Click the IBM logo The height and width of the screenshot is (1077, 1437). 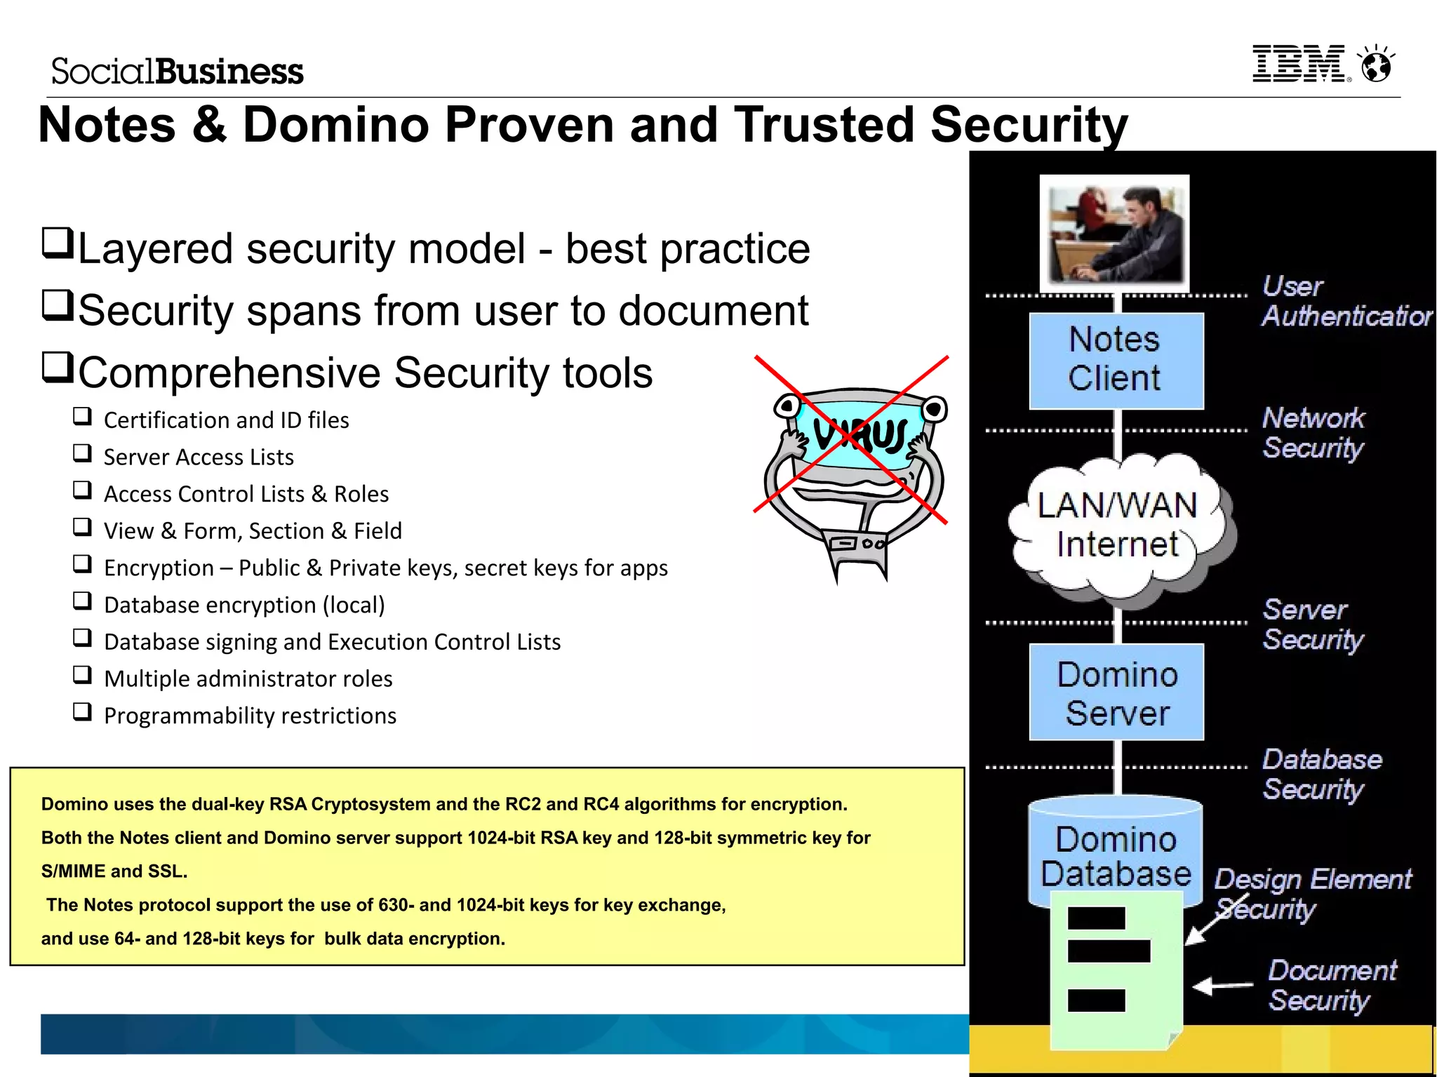pos(1300,64)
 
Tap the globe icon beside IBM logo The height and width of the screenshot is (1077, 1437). pos(1376,65)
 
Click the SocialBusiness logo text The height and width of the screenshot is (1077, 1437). pos(177,72)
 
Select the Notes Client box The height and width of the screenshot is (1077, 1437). pos(1116,360)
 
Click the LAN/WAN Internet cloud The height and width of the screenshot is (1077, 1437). pos(1117,525)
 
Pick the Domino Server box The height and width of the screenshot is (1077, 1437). pos(1116,693)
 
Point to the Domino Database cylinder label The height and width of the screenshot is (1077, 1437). pos(1116,856)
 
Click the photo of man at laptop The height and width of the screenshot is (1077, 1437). pos(1114,233)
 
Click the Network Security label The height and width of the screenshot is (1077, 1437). pos(1313,432)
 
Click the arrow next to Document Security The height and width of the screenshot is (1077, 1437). pos(1222,986)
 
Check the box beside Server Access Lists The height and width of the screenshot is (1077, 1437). pos(83,453)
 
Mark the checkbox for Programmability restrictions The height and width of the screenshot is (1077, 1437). pos(83,712)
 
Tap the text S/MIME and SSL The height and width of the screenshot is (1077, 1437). pos(114,871)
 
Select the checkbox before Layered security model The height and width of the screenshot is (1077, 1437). pos(58,243)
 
